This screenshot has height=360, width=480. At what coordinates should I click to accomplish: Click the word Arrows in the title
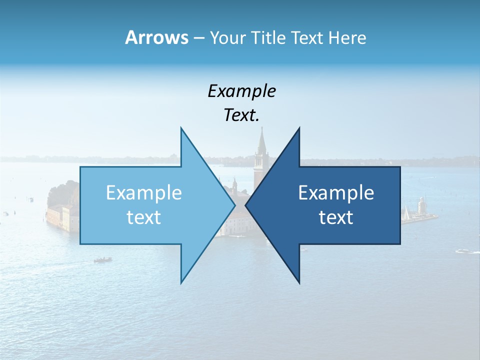click(156, 37)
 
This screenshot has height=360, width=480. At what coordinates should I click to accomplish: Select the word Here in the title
click(347, 37)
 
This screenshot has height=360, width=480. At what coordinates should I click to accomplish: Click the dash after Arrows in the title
click(198, 38)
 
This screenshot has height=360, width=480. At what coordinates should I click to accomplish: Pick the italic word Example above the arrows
click(241, 91)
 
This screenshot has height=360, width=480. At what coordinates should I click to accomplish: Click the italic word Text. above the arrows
click(241, 115)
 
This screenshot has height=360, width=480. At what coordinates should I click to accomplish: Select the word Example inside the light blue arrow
click(144, 193)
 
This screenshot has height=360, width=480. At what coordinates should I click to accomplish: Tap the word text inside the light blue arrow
click(144, 217)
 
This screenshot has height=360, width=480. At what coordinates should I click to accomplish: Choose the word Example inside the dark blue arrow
click(336, 193)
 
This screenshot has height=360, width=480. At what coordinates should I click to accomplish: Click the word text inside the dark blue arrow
click(336, 217)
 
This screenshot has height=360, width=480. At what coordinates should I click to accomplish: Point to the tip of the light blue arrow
click(235, 205)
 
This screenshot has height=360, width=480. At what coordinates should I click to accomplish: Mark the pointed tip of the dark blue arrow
click(245, 205)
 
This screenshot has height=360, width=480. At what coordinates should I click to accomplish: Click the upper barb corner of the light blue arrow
click(181, 128)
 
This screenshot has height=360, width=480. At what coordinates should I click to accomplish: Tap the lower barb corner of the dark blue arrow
click(299, 283)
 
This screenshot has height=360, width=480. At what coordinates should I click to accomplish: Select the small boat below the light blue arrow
click(102, 259)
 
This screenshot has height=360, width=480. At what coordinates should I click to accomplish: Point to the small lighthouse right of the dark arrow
click(421, 205)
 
